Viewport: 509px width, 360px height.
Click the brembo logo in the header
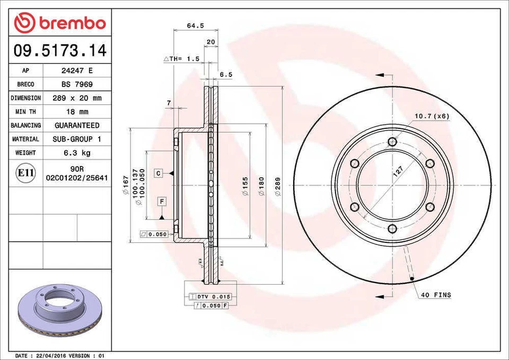click(60, 22)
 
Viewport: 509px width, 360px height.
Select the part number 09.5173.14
click(60, 51)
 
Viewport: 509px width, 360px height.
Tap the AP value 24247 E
click(77, 71)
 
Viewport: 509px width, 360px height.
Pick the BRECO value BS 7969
click(77, 84)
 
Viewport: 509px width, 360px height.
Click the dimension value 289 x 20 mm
click(77, 98)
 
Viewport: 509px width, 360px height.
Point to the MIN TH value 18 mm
click(77, 112)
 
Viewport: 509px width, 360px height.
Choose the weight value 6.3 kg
click(77, 153)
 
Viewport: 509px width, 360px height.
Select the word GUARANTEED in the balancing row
click(77, 126)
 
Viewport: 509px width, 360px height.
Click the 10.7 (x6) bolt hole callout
click(432, 116)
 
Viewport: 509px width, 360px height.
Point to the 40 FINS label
click(435, 295)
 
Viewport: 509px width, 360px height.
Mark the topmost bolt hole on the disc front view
click(392, 142)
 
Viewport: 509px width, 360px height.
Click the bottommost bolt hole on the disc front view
click(392, 229)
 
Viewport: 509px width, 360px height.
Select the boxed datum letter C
click(158, 173)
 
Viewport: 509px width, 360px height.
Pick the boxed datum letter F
click(161, 201)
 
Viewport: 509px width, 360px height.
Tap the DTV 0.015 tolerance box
click(207, 296)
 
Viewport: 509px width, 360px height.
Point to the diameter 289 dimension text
click(278, 186)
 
